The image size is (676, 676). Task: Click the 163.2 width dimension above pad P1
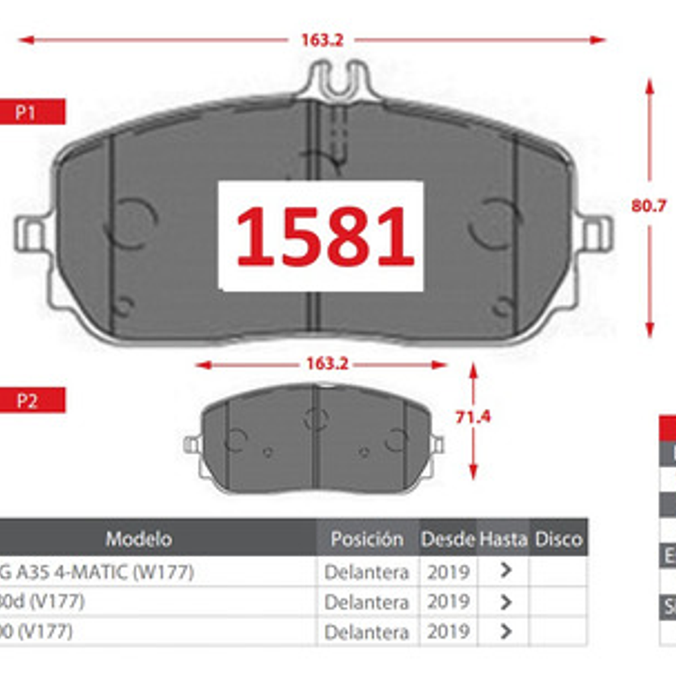322,40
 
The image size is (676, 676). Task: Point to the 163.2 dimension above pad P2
327,363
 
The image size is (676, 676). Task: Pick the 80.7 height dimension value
649,206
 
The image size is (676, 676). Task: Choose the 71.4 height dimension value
473,417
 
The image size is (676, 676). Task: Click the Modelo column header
139,538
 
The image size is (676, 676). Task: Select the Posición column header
367,538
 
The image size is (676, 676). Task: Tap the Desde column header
448,538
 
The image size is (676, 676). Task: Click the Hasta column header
503,538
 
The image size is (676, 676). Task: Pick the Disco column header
558,538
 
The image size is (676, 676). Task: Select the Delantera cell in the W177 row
366,572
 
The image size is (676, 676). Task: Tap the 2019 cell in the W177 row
448,572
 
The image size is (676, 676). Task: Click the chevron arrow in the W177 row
505,570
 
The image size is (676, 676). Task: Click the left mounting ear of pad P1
30,234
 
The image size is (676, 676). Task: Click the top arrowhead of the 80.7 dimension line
649,86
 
